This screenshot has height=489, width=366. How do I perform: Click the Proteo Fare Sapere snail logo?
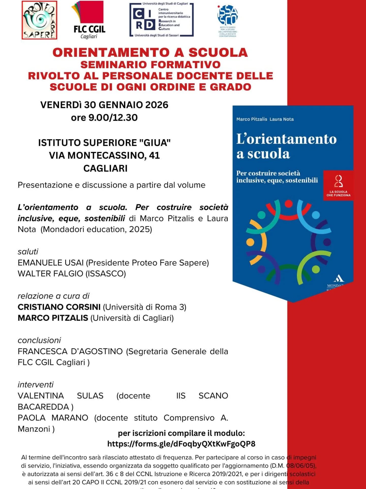pos(39,20)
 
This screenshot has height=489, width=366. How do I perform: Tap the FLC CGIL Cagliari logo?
pos(89,20)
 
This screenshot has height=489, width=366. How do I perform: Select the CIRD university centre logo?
pos(161,20)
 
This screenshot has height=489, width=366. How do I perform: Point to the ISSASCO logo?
pos(227,21)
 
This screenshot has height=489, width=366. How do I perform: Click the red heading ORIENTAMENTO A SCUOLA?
pos(150,52)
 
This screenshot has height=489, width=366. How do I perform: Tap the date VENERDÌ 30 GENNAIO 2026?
pos(104,105)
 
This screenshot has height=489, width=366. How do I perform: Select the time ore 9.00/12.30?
pos(104,118)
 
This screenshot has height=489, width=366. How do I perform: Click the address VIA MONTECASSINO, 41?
pos(104,155)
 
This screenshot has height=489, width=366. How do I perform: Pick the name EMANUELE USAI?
pos(51,263)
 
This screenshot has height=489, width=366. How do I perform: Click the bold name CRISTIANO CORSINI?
pos(59,307)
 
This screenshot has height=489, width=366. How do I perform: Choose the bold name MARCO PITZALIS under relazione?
pos(53,318)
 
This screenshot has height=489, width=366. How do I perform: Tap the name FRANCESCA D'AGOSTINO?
pos(70,351)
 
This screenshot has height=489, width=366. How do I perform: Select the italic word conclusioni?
pos(39,340)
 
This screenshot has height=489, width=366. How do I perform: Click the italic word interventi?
pos(36,385)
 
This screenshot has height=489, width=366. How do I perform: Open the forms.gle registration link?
pos(181,444)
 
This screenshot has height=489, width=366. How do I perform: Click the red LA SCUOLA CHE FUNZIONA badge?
pos(338,186)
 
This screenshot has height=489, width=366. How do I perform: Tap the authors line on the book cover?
pos(265,119)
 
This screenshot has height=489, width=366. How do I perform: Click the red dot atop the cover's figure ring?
pos(288,204)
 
